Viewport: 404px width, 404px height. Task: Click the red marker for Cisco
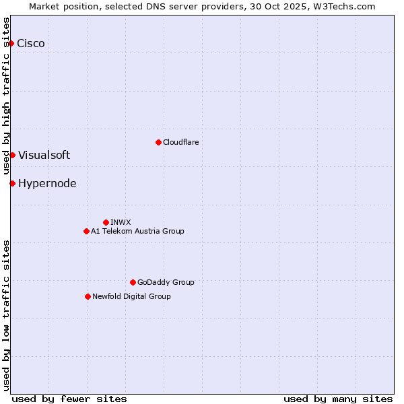[11, 43]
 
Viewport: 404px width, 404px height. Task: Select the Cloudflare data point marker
[158, 142]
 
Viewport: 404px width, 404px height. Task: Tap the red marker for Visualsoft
[12, 155]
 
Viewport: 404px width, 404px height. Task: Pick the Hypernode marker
[12, 183]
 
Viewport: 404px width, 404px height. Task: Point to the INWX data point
[106, 222]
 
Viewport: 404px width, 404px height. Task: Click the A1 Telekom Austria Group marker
[86, 231]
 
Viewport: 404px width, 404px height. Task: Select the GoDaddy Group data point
[133, 282]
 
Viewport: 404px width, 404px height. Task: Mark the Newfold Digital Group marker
[88, 296]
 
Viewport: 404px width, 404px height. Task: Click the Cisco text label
[31, 43]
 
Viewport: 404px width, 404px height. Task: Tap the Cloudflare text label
[180, 142]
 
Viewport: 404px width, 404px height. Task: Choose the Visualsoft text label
[44, 155]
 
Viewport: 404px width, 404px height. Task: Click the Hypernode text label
[47, 183]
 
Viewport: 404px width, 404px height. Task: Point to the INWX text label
[121, 222]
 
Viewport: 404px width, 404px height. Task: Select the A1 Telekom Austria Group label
[137, 231]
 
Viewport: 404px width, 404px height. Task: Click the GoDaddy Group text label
[166, 282]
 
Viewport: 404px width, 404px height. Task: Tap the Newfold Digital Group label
[131, 296]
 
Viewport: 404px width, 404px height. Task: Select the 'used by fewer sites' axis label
[69, 399]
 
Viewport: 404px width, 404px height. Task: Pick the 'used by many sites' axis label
[338, 399]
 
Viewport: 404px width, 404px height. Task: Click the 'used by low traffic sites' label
[6, 315]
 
